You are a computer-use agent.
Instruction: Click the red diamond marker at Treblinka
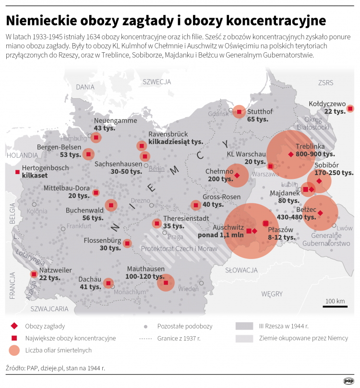point(290,154)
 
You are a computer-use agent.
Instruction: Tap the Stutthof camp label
point(260,112)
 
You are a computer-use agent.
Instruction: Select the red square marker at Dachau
point(108,283)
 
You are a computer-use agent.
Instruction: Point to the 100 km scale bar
point(335,306)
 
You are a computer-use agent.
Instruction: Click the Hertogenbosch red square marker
point(18,172)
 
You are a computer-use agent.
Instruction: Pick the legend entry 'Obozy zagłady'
point(45,326)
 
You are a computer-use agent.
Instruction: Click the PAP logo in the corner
point(348,381)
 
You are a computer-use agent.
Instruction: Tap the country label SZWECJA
point(157,82)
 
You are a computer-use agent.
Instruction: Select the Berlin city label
point(156,169)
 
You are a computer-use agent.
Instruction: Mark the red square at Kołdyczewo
point(350,109)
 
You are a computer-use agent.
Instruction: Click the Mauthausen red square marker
point(166,283)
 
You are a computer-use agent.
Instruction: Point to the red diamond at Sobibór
point(319,181)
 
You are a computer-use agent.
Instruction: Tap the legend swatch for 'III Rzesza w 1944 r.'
point(244,326)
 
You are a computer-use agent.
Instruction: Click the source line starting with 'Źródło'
point(55,368)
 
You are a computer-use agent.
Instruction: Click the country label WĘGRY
point(272,294)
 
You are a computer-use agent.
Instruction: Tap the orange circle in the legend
point(15,351)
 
